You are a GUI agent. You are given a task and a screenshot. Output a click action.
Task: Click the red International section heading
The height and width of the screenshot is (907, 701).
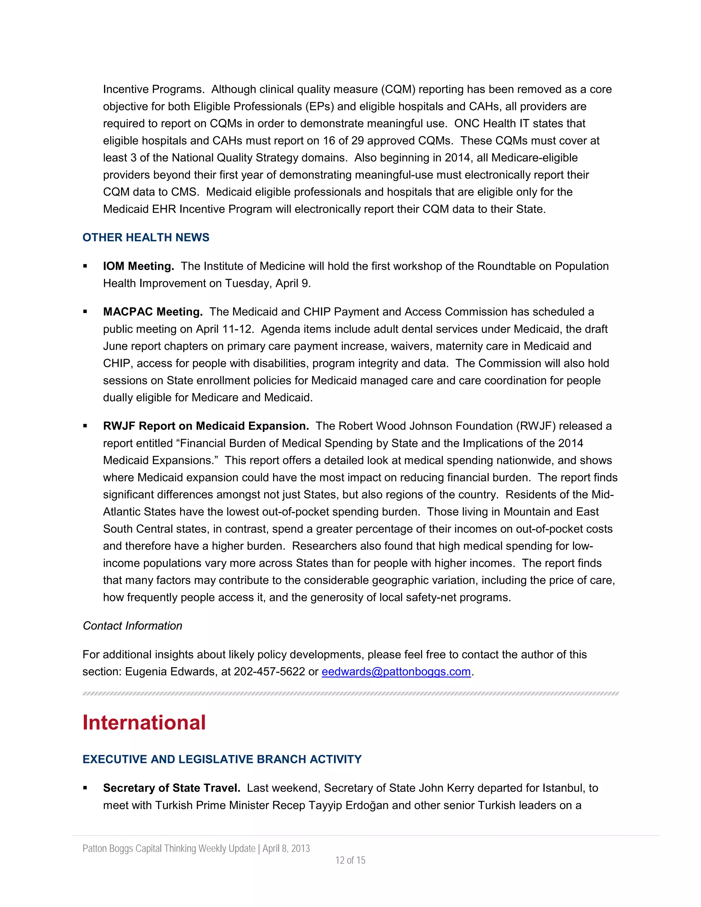pos(144,723)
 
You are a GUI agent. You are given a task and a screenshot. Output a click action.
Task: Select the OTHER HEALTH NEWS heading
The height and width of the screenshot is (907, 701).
pos(146,238)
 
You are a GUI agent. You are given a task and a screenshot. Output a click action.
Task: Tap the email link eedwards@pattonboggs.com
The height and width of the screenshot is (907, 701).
pos(396,672)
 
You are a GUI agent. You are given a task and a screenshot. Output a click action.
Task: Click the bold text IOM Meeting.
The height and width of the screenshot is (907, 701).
pos(138,266)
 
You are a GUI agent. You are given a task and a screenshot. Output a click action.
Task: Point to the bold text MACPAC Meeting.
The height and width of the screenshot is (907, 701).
pos(152,312)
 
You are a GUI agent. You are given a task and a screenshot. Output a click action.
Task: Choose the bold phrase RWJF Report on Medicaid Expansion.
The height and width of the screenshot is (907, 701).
pos(206,426)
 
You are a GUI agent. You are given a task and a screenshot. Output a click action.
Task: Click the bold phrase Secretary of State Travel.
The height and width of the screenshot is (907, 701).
pos(171,788)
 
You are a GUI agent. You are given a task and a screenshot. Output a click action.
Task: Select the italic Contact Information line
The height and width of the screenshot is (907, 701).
pos(132,626)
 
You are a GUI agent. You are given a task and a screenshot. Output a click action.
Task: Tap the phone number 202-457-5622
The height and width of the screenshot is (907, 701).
pos(269,672)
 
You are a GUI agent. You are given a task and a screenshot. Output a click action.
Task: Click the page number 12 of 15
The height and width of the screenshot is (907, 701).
pos(350,860)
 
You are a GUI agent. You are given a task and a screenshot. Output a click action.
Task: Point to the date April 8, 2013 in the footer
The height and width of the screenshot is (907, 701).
pos(286,848)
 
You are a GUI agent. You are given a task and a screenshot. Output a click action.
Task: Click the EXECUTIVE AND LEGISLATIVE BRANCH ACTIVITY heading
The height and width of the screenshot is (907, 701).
pos(222,759)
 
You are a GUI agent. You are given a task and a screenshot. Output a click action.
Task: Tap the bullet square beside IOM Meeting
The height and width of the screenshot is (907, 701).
pos(85,266)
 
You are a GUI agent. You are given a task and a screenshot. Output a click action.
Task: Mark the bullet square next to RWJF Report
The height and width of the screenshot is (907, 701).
pos(85,426)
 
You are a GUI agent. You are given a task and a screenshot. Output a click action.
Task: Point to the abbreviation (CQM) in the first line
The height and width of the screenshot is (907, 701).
pos(399,89)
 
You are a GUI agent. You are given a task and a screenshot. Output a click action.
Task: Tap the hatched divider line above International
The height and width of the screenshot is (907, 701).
pos(350,693)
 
